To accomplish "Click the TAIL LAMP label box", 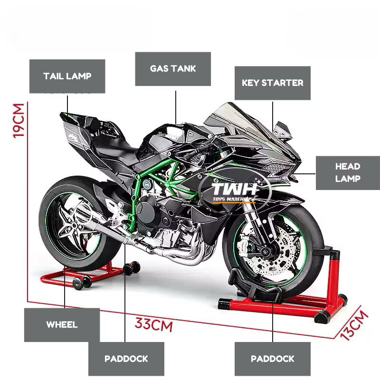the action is [x=67, y=76].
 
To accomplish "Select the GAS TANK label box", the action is [x=173, y=69].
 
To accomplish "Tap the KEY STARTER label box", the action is [x=272, y=83].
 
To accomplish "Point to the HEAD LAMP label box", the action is [x=348, y=173].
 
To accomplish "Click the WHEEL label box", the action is [x=62, y=325].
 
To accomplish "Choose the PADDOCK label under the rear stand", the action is [x=126, y=359].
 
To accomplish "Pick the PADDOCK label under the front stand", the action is [x=272, y=359].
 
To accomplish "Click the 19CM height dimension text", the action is [x=19, y=121].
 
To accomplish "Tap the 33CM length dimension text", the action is [x=153, y=324].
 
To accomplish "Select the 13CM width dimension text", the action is [x=354, y=325].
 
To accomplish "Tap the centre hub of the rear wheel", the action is [x=73, y=225].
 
